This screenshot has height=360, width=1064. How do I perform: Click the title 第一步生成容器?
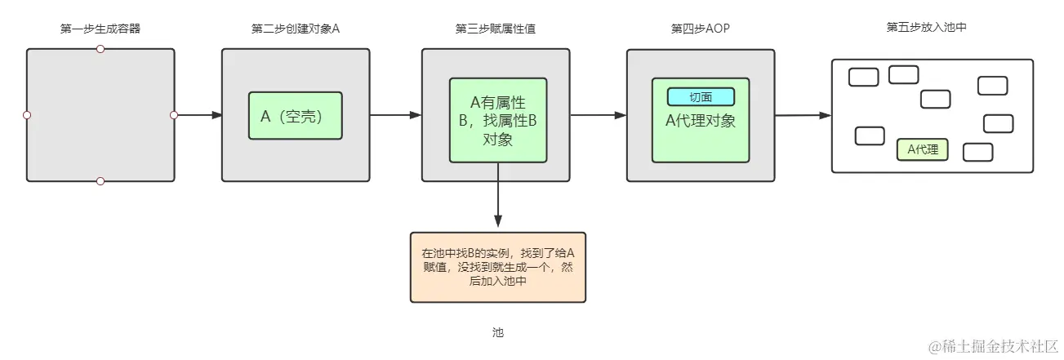(x=100, y=29)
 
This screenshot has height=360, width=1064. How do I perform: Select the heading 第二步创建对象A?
(x=296, y=29)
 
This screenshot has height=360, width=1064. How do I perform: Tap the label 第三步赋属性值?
(x=495, y=29)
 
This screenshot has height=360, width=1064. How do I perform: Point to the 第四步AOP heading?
(x=700, y=29)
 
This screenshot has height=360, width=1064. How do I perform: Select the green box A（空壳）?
(x=295, y=116)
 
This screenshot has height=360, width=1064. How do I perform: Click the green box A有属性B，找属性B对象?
(x=497, y=120)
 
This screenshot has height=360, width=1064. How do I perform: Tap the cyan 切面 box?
(x=701, y=97)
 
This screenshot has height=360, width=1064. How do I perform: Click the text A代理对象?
(x=701, y=122)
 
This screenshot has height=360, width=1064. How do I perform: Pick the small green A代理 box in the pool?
(x=922, y=149)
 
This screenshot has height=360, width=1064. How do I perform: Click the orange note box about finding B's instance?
(x=497, y=267)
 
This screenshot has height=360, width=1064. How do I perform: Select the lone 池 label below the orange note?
(x=498, y=333)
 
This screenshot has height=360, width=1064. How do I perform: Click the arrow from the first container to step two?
(x=198, y=115)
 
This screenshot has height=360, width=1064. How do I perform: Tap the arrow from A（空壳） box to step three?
(x=395, y=115)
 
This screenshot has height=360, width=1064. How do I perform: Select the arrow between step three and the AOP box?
(x=598, y=115)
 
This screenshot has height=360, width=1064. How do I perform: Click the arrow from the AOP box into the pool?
(x=803, y=115)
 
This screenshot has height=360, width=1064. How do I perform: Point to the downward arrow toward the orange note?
(x=497, y=204)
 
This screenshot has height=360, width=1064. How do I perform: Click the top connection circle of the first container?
(x=100, y=49)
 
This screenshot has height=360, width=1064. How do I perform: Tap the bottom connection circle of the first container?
(x=100, y=181)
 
